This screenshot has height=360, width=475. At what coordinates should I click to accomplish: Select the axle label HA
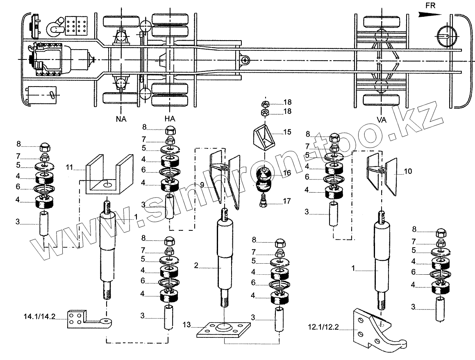170,118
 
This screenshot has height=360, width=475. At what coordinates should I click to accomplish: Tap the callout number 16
286,173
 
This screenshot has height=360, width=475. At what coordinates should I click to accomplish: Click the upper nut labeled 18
265,102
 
